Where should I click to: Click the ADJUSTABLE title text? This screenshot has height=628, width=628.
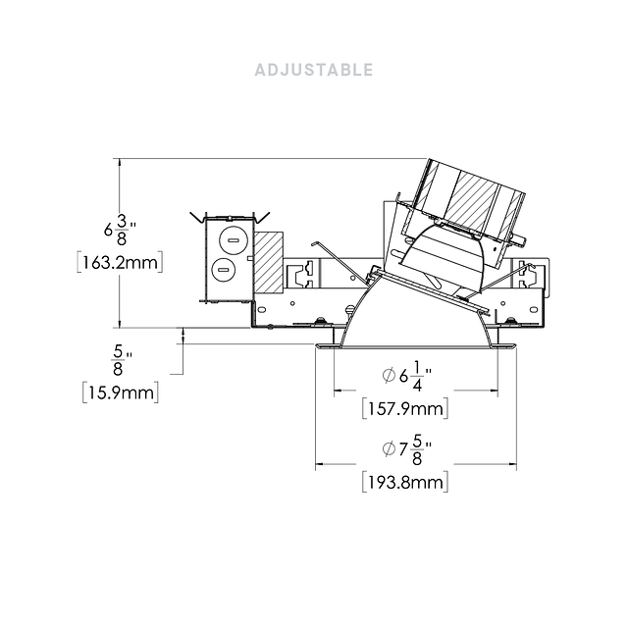(314, 70)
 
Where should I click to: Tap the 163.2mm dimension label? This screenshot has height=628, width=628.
(120, 263)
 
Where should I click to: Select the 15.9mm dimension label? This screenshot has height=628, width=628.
(121, 392)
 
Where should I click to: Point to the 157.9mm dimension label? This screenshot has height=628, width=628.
(405, 409)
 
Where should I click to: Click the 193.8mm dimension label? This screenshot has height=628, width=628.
(405, 482)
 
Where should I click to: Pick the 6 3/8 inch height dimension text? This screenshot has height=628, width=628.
(120, 230)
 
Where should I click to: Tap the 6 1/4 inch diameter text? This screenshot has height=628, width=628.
(406, 376)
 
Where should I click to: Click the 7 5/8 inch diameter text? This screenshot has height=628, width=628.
(406, 449)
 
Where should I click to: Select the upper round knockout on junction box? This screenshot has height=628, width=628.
(234, 239)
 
